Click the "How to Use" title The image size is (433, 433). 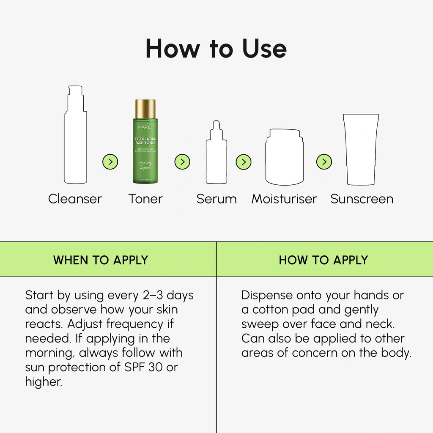pos(216,49)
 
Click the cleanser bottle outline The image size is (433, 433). pos(76,140)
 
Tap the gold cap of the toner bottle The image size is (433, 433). pos(145,109)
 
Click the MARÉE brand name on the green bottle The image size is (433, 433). pos(145,126)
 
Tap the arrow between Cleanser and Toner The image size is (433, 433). pos(110,162)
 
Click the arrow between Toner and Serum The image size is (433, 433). pos(182,162)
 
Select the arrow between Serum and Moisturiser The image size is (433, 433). pos(244,162)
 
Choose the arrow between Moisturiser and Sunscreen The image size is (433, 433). pos(324,162)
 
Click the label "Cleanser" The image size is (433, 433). pos(75,199)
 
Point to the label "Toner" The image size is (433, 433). pos(145,199)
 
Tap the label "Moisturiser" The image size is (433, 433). pos(284,199)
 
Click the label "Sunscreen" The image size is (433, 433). pos(362,199)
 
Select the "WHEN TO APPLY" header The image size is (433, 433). pos(101,260)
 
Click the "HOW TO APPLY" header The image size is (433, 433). pos(323,260)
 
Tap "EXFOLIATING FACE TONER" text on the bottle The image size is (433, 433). pos(145,141)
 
